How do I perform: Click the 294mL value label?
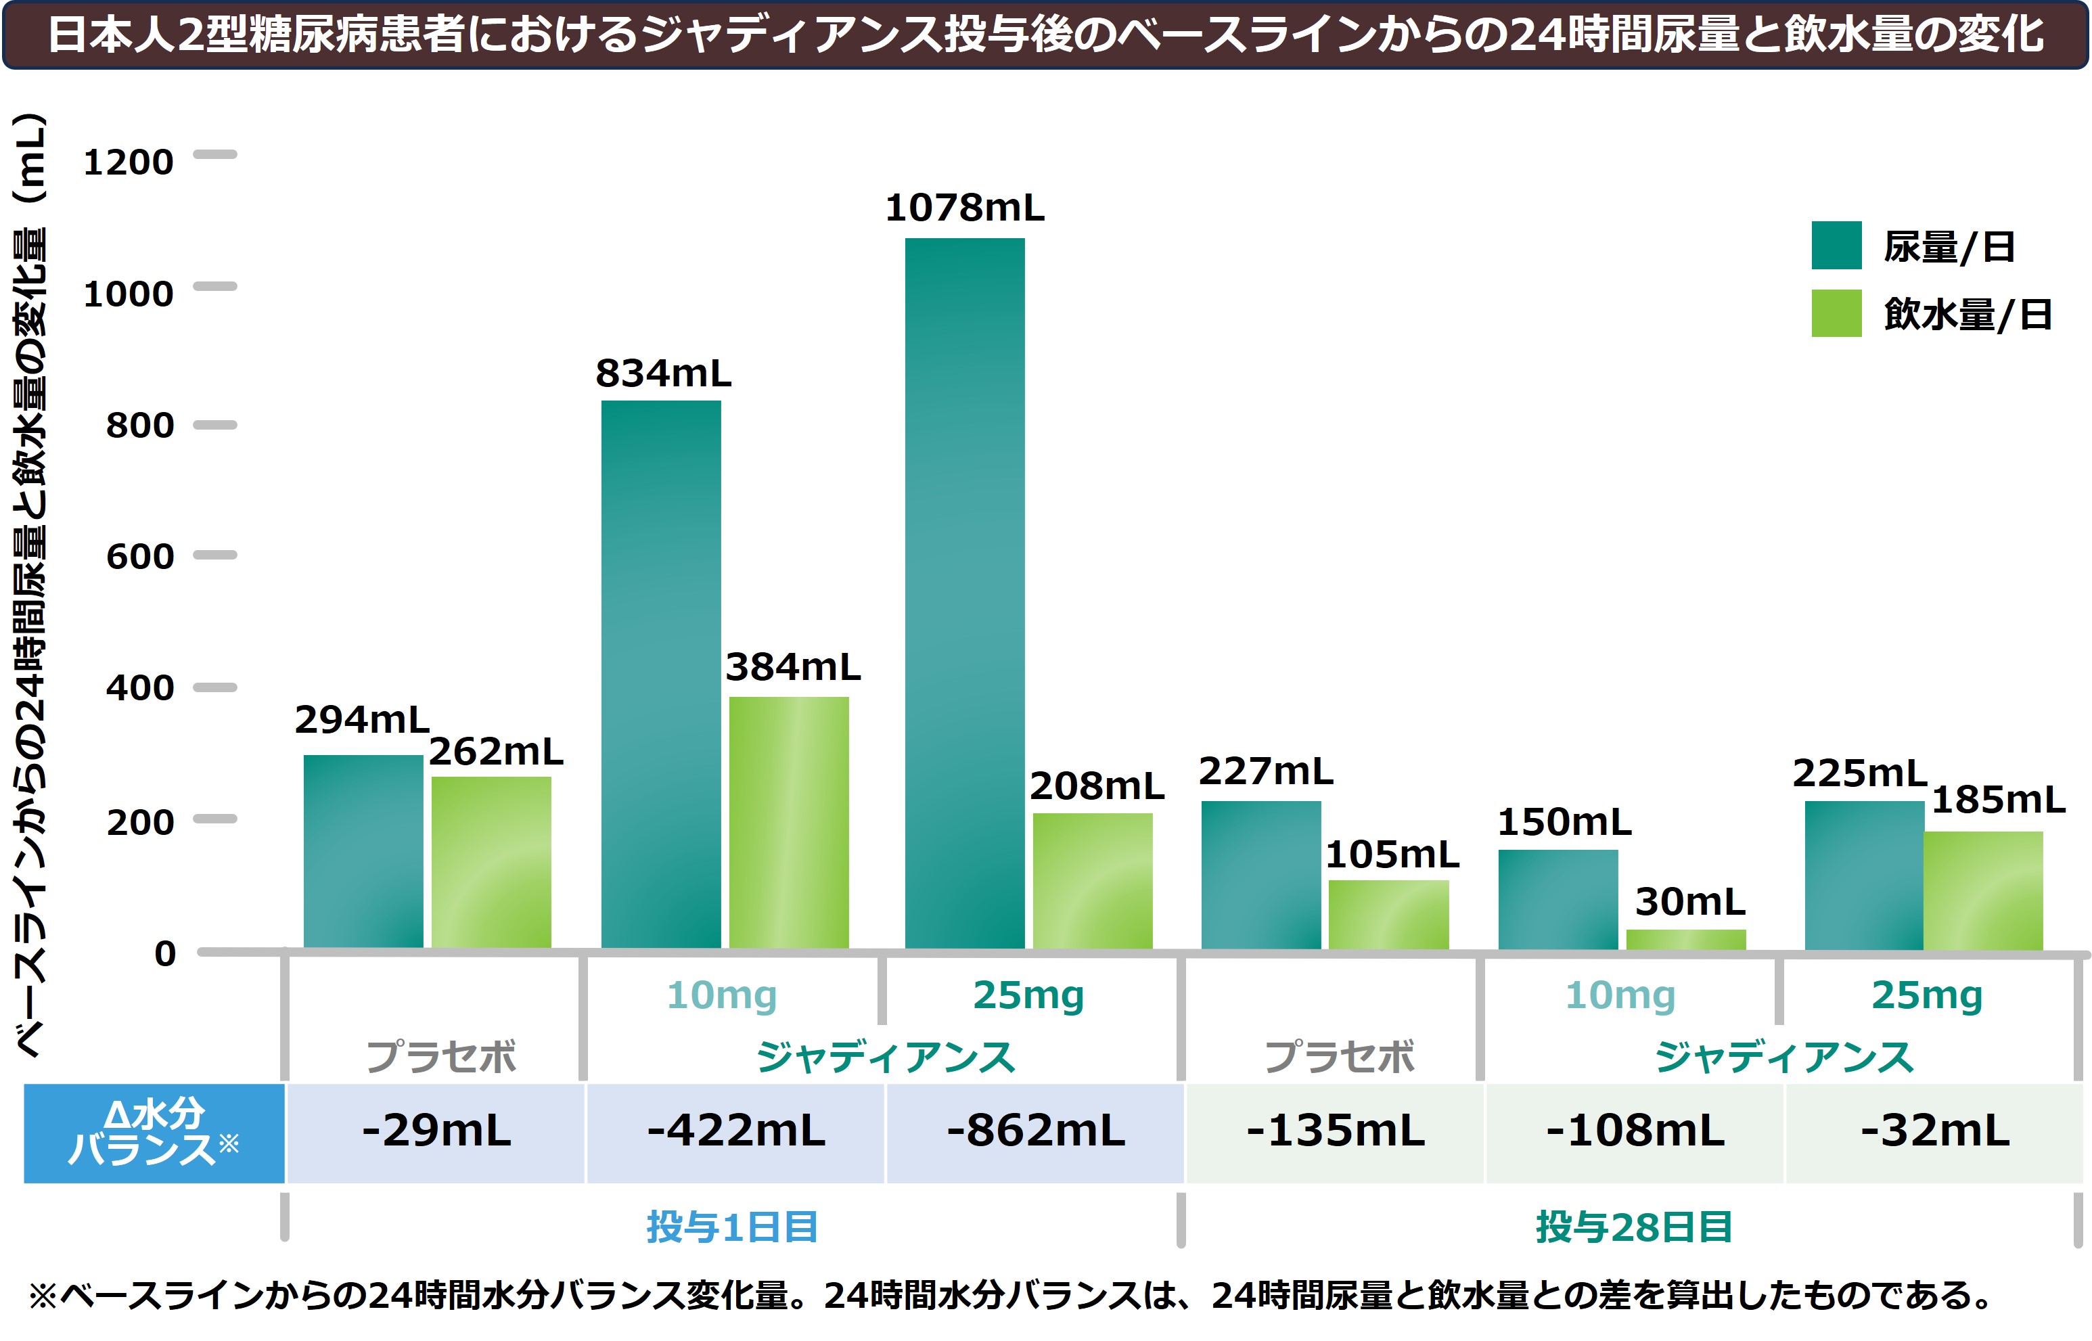pos(361,720)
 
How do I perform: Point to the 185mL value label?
pos(1997,799)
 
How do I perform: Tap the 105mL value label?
pos(1391,855)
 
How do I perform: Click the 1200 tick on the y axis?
pos(128,162)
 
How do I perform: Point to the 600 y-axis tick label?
pos(139,556)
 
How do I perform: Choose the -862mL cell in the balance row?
pos(1035,1131)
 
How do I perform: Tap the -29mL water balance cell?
pos(436,1131)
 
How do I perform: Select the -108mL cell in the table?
pos(1634,1131)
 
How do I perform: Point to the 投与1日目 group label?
pos(731,1227)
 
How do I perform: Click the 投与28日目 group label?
pos(1633,1227)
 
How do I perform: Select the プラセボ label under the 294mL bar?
pos(440,1057)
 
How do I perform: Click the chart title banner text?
pos(1045,35)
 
